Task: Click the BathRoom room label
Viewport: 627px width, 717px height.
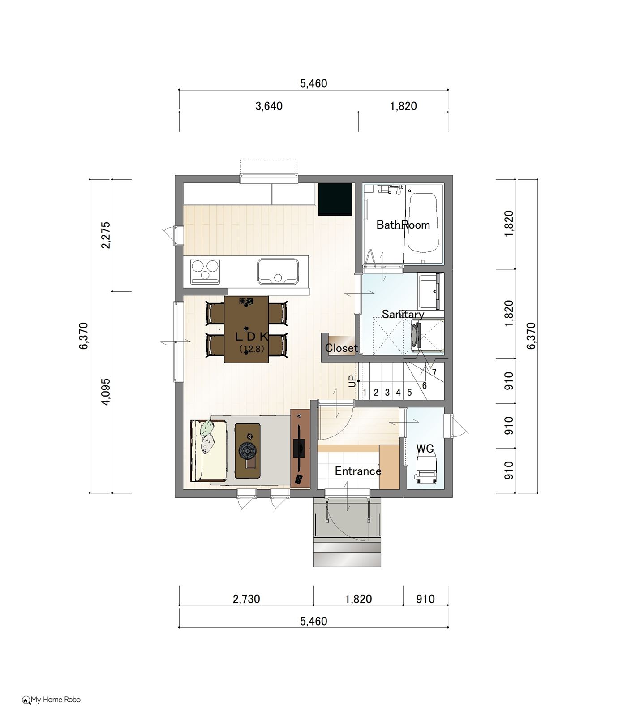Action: tap(403, 225)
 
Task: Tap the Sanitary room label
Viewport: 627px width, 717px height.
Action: tap(403, 314)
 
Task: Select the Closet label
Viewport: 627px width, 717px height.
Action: tap(341, 348)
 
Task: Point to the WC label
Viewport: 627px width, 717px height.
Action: tap(425, 449)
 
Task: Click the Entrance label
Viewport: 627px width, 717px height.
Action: tap(358, 471)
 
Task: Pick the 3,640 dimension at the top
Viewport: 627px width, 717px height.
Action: tap(269, 106)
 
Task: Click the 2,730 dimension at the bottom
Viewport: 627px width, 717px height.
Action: tap(246, 599)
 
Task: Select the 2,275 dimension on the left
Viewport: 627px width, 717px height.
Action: tap(106, 235)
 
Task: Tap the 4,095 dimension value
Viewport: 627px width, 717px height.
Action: tap(106, 392)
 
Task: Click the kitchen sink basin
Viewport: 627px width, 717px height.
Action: tap(278, 271)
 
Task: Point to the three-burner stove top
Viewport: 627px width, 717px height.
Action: tap(206, 271)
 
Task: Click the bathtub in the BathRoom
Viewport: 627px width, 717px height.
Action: tap(423, 223)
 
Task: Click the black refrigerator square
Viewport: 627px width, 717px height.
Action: tap(335, 199)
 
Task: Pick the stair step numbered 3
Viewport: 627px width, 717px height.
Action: tap(387, 393)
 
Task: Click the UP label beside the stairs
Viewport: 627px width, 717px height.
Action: tap(352, 381)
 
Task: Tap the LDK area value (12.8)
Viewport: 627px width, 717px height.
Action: tap(252, 349)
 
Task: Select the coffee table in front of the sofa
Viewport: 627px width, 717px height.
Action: tap(248, 450)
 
